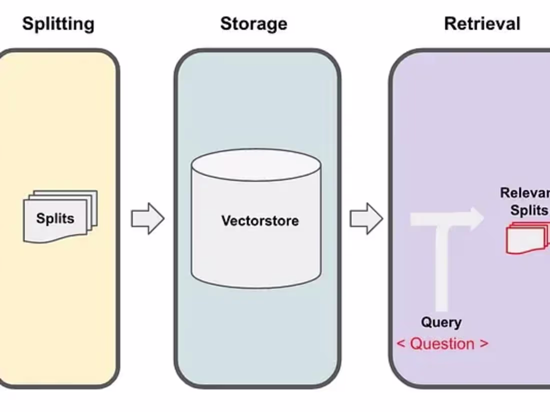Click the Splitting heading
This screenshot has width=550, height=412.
pos(58,24)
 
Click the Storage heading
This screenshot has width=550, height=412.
pos(253,24)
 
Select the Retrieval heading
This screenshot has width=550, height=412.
pos(482,24)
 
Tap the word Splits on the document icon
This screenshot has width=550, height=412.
pos(55,218)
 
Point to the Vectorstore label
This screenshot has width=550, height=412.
pos(260,220)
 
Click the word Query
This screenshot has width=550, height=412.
pos(441,322)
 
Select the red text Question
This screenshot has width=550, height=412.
pos(442,344)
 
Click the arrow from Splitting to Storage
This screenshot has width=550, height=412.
pos(147,218)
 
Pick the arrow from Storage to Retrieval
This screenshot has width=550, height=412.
pos(365,218)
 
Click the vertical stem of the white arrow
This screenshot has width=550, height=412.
pos(441,270)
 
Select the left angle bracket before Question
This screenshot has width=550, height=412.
pos(400,344)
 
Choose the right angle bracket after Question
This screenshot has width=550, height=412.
pos(483,344)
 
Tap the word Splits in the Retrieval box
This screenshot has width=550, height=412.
pos(529,210)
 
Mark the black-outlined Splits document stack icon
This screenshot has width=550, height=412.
pos(60,216)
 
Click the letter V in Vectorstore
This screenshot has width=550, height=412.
pos(225,220)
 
